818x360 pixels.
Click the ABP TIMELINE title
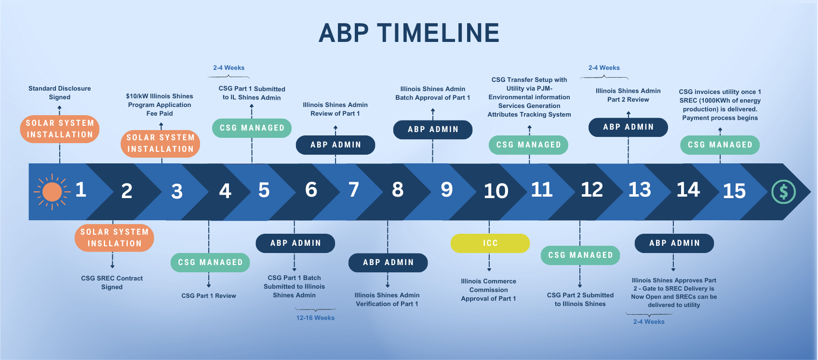click(x=409, y=33)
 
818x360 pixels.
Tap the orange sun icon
click(x=52, y=192)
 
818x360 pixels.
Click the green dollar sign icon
click(x=783, y=192)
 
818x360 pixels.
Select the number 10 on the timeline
click(x=496, y=191)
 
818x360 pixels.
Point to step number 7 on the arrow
click(x=354, y=190)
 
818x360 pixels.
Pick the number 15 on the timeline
click(x=734, y=191)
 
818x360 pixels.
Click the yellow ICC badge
click(x=490, y=243)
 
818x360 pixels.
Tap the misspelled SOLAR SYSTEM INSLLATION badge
click(x=114, y=238)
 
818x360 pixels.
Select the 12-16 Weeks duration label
click(x=315, y=318)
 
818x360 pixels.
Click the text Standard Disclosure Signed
click(x=59, y=93)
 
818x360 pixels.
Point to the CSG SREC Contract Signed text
click(x=112, y=282)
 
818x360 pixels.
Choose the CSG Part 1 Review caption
click(x=209, y=296)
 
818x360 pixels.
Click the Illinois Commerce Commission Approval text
click(x=488, y=290)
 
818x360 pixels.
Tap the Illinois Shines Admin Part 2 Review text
click(x=628, y=95)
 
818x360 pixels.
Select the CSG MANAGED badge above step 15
click(x=720, y=145)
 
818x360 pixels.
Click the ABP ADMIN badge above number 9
click(x=433, y=130)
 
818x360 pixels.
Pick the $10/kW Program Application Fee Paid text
click(x=160, y=105)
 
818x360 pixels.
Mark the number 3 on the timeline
click(x=177, y=192)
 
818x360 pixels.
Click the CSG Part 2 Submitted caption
click(x=580, y=299)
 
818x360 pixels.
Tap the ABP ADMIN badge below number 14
click(x=674, y=243)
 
